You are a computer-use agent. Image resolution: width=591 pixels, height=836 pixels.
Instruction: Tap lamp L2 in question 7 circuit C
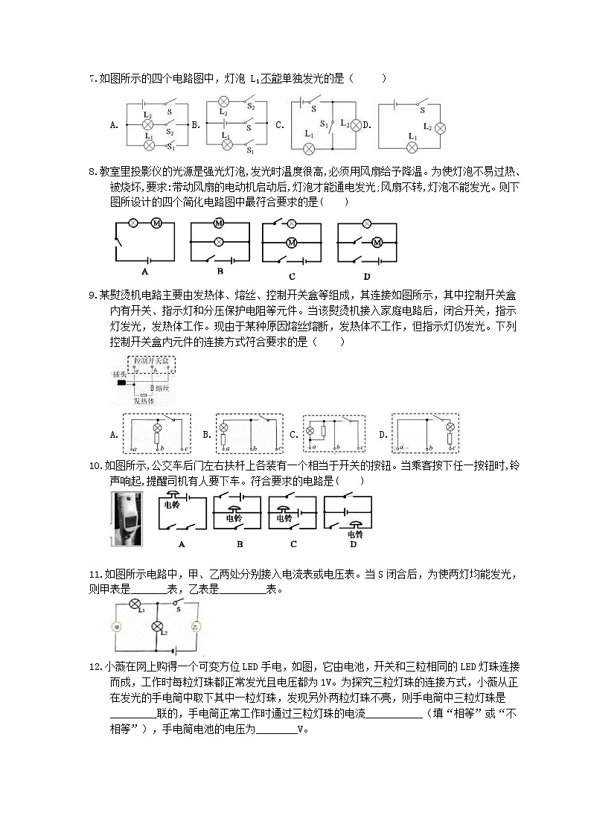click(x=356, y=124)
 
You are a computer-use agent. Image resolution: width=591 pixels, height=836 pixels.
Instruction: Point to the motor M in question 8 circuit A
click(x=156, y=223)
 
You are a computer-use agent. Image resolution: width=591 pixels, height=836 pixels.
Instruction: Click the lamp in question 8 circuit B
click(x=219, y=242)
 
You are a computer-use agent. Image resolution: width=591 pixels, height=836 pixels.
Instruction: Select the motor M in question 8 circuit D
click(x=376, y=242)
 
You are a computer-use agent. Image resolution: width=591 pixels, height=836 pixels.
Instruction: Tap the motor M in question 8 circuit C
click(x=292, y=242)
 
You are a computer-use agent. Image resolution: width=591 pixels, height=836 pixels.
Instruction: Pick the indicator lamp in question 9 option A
click(x=157, y=428)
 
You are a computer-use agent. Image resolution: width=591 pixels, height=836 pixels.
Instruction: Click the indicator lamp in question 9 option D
click(x=449, y=427)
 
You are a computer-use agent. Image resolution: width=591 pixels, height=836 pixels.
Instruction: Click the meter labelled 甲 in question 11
click(x=117, y=627)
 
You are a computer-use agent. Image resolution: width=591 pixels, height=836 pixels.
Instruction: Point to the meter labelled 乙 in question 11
click(x=197, y=627)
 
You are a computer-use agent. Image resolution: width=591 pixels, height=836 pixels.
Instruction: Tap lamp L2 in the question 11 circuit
click(x=157, y=627)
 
